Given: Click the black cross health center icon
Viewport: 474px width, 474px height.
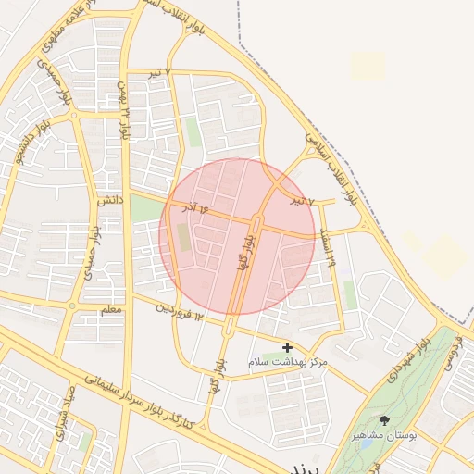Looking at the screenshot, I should (288, 347).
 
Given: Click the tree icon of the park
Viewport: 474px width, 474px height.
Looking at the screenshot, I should (385, 420).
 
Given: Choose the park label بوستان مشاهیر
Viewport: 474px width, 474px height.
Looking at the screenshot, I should (386, 434).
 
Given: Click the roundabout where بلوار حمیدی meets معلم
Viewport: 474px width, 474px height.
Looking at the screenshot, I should (71, 306).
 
